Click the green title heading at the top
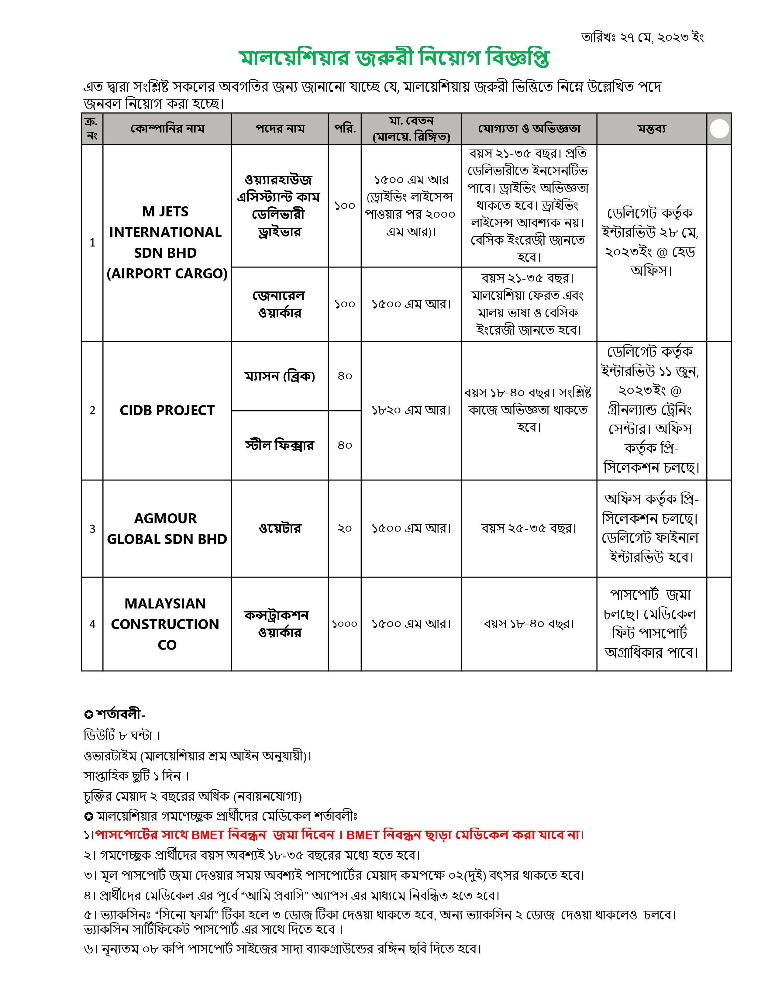pos(394,59)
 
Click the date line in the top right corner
pos(642,37)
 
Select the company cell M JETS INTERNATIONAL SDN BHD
pos(167,243)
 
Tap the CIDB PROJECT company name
pos(167,410)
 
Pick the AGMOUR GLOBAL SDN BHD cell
pos(167,529)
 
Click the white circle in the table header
pos(719,129)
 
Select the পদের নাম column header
pos(280,129)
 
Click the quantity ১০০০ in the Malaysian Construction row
pos(344,624)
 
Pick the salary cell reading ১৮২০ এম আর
pos(411,410)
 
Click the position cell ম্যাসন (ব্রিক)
pos(280,376)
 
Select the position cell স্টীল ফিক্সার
pos(280,445)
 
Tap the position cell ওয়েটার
pos(280,529)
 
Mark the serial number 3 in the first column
pos(92,529)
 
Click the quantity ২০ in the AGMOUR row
pos(344,529)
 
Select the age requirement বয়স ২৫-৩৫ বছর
pos(529,529)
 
